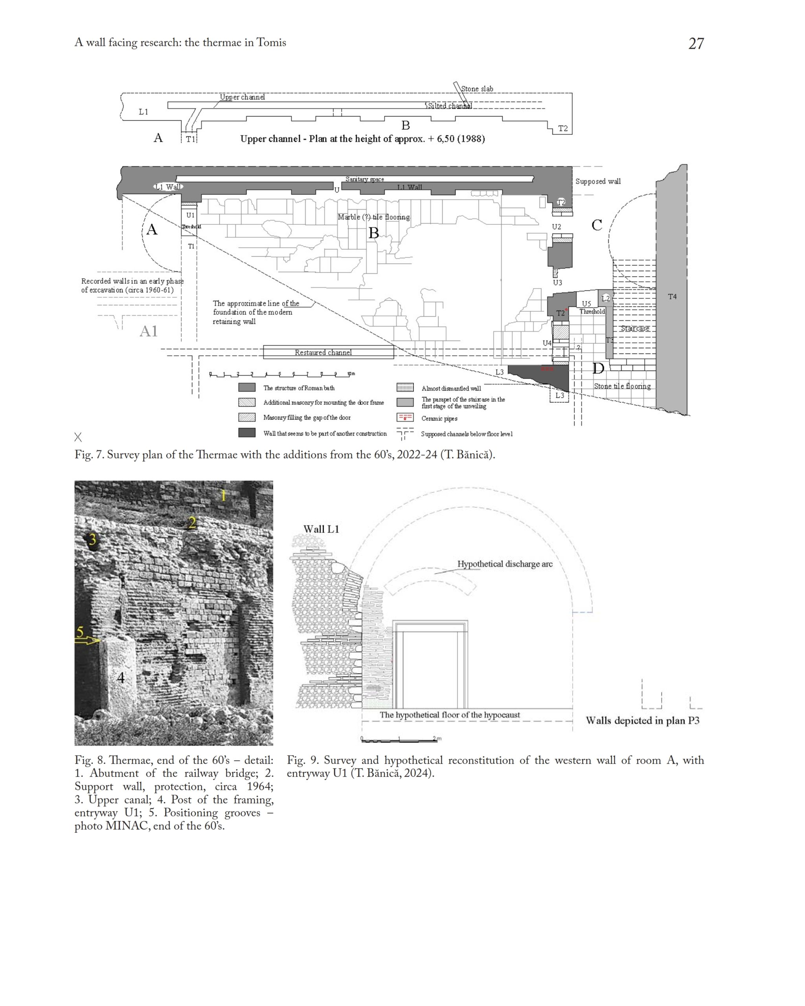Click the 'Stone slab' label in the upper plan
click(476, 89)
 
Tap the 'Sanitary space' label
click(364, 179)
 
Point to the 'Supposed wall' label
click(597, 182)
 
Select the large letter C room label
click(596, 226)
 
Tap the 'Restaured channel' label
click(323, 352)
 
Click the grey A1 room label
click(149, 331)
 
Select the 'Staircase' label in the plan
click(635, 329)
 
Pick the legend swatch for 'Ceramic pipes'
click(404, 418)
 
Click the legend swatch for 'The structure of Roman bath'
click(247, 387)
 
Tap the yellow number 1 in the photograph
click(223, 496)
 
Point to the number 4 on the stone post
click(121, 677)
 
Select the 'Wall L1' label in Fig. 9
click(321, 529)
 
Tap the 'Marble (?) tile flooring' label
click(373, 217)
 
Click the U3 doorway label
click(557, 283)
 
